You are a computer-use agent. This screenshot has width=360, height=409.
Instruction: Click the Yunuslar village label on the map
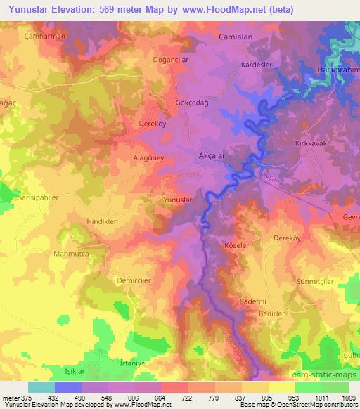click(177, 200)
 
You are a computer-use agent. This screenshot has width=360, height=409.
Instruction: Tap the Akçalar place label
click(212, 156)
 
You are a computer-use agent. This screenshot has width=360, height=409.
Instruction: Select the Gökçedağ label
click(191, 103)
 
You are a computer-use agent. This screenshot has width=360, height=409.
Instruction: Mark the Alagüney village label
click(148, 159)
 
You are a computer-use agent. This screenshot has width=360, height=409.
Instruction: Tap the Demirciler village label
click(133, 279)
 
